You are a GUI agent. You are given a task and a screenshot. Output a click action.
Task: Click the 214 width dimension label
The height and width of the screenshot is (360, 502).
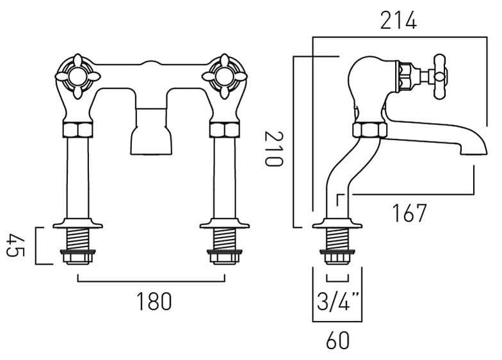pos(398,21)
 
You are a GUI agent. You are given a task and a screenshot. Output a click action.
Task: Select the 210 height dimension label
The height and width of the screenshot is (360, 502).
pos(273,148)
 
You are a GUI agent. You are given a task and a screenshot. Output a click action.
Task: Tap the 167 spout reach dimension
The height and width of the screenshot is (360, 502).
pos(409,213)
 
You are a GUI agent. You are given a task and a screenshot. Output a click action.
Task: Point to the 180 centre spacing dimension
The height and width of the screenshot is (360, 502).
pos(154,302)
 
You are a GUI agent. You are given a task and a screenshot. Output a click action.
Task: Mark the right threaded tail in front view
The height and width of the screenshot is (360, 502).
pos(225,243)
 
